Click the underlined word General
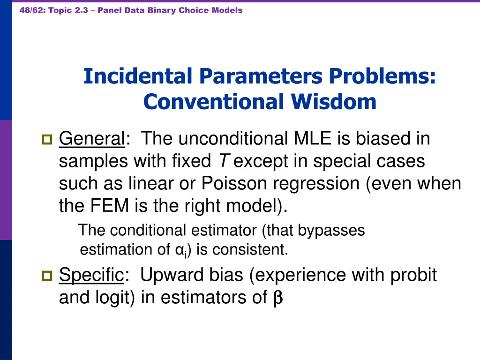click(x=92, y=139)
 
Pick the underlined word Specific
click(x=91, y=275)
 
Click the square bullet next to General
click(x=47, y=139)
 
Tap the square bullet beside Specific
click(x=47, y=276)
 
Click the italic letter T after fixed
click(x=224, y=161)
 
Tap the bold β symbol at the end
click(x=277, y=298)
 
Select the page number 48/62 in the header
click(x=31, y=10)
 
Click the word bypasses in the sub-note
click(x=331, y=230)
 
